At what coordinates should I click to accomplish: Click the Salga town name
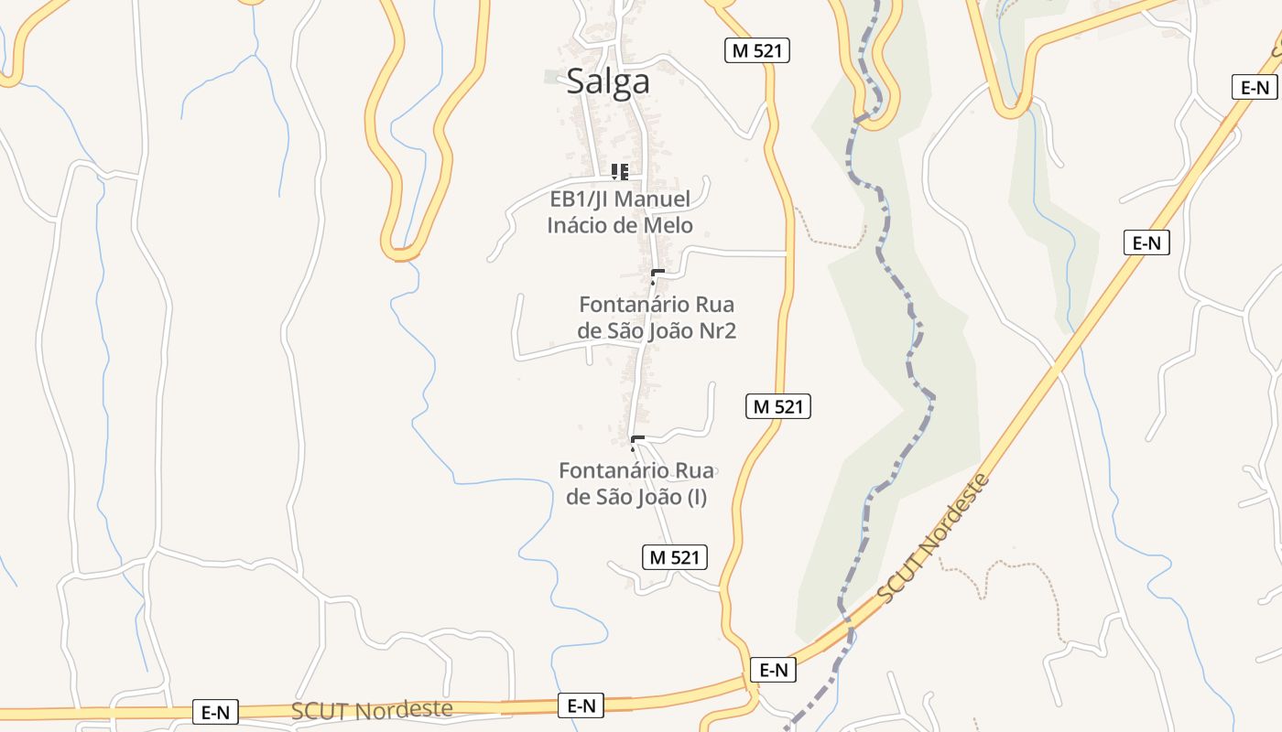[x=608, y=81]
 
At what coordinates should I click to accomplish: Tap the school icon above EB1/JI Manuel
[x=620, y=171]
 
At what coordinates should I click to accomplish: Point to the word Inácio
[x=581, y=225]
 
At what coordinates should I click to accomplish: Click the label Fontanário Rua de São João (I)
[x=636, y=484]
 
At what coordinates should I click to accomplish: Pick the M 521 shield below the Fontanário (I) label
[x=674, y=556]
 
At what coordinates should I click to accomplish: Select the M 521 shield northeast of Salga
[x=757, y=50]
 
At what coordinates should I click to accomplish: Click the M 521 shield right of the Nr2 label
[x=778, y=406]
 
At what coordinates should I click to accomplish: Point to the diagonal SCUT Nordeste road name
[x=934, y=538]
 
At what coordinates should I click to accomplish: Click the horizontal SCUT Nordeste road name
[x=372, y=711]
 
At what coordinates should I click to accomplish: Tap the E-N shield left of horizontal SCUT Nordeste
[x=215, y=713]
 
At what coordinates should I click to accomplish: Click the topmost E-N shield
[x=1254, y=87]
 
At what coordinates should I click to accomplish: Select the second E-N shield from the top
[x=1146, y=242]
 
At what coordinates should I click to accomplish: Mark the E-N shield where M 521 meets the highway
[x=774, y=670]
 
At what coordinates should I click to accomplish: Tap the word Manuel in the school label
[x=650, y=199]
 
